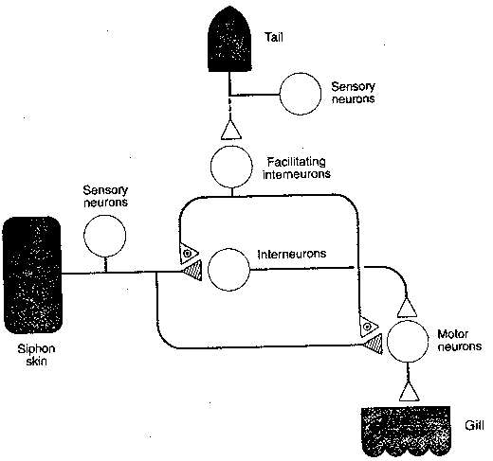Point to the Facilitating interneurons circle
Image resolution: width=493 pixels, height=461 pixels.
[x=233, y=168]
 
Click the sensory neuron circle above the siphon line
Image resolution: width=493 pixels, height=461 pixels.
[x=106, y=235]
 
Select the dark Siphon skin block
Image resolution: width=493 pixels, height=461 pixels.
[x=33, y=275]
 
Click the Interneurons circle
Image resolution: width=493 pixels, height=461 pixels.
[x=228, y=270]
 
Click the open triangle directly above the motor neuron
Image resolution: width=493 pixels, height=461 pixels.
[x=406, y=305]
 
